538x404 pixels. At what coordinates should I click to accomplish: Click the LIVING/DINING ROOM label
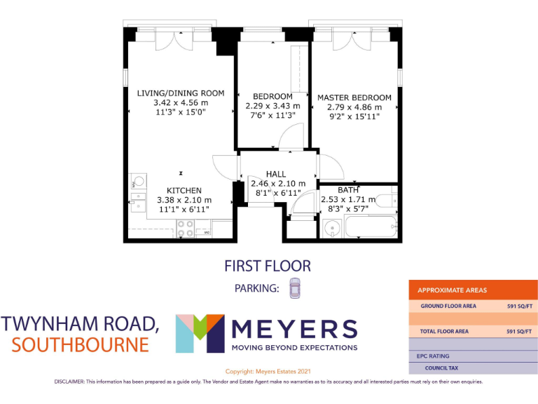(181, 93)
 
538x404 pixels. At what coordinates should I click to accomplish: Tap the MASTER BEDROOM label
(354, 97)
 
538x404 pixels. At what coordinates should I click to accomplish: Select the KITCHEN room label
(184, 190)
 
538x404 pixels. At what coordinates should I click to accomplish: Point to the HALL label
(276, 174)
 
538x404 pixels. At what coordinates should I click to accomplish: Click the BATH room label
(347, 189)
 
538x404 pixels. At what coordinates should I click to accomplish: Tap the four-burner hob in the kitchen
(186, 228)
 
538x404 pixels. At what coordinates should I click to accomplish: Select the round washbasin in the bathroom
(331, 229)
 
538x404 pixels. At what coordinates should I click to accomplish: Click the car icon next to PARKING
(295, 288)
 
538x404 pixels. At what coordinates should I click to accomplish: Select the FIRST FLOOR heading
(267, 266)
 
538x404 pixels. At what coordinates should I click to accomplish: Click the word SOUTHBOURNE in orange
(81, 345)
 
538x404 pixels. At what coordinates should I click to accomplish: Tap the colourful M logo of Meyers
(200, 334)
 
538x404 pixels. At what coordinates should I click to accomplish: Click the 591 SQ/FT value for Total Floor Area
(520, 331)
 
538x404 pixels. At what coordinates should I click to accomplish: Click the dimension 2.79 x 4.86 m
(354, 107)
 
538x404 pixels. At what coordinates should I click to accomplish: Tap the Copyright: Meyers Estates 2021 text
(268, 371)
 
